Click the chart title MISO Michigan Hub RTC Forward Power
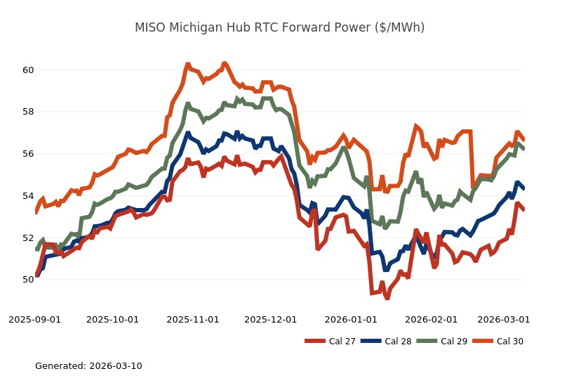point(279,27)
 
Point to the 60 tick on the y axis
point(28,70)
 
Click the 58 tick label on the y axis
point(28,112)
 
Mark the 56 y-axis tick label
point(28,154)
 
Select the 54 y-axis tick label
point(28,195)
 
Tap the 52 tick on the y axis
point(28,238)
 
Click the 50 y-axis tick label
point(28,280)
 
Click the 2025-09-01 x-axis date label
point(35,319)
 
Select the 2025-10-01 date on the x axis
point(112,319)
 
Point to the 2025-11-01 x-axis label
point(192,319)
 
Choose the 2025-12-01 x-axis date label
point(269,319)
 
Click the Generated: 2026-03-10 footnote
point(88,366)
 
